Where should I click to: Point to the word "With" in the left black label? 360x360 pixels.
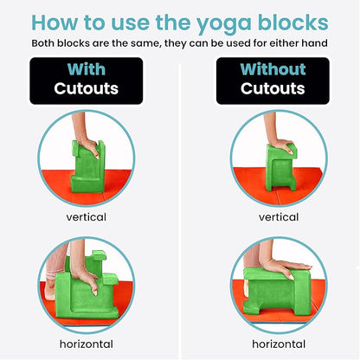(88, 69)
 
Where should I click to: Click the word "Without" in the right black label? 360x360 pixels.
(273, 69)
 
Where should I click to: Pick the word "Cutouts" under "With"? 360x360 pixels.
(88, 89)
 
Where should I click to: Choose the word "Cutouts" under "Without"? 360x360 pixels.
(273, 89)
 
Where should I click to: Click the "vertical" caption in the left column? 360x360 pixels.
(88, 218)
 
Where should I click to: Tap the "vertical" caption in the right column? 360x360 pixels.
(273, 218)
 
